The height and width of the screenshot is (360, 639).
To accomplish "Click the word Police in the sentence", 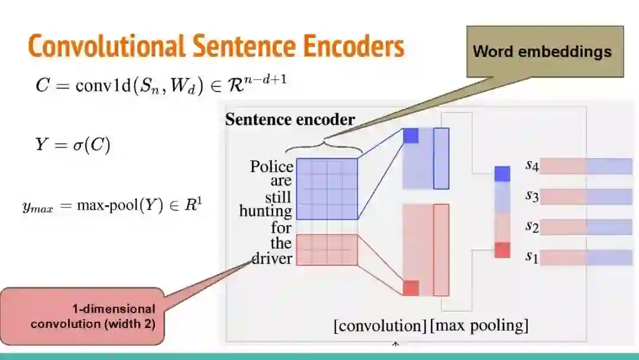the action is [272, 167].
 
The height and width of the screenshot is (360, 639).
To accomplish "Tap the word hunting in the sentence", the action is [266, 211].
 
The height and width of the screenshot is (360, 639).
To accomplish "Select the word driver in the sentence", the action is [272, 259].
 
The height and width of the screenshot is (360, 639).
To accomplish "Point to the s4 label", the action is [532, 165].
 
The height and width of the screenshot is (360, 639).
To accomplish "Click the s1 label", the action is [532, 258].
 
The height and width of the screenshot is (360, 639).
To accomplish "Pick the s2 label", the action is [532, 226].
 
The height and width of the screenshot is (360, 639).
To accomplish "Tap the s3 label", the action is [532, 196].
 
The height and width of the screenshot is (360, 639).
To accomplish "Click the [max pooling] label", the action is [479, 326].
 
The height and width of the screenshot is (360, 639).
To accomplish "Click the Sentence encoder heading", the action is [290, 120].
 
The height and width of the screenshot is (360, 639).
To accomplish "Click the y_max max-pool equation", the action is [112, 207].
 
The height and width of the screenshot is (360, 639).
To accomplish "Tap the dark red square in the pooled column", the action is [502, 250].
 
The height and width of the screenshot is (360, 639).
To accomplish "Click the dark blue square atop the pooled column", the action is [502, 173].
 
